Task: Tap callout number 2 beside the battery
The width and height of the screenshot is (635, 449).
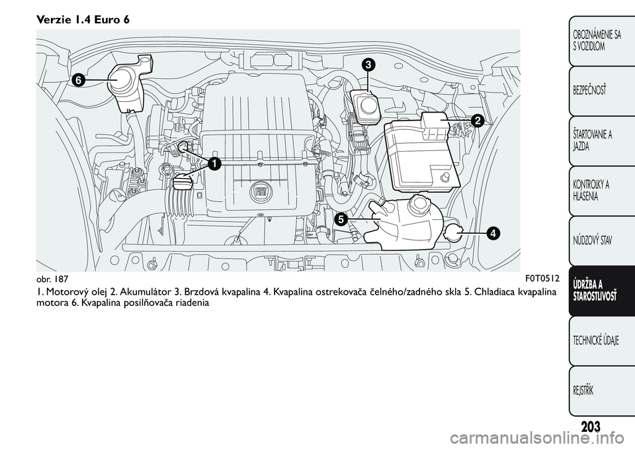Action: coord(478,121)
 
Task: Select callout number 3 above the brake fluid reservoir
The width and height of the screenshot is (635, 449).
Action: coord(368,64)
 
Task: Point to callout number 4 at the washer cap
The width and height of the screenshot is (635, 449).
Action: coord(493,233)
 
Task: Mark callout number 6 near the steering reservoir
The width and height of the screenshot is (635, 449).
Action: coord(78,79)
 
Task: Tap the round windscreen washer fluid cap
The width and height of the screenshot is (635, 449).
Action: coord(454,233)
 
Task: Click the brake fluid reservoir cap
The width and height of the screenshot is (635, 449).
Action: coord(366,105)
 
